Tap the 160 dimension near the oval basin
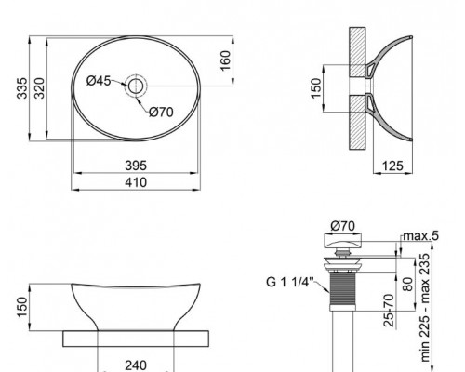coord(226,60)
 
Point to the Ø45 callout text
coord(98,81)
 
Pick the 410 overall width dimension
coord(136,182)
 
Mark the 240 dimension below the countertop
coord(136,365)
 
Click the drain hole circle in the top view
coord(136,86)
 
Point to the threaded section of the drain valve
coord(343,292)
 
